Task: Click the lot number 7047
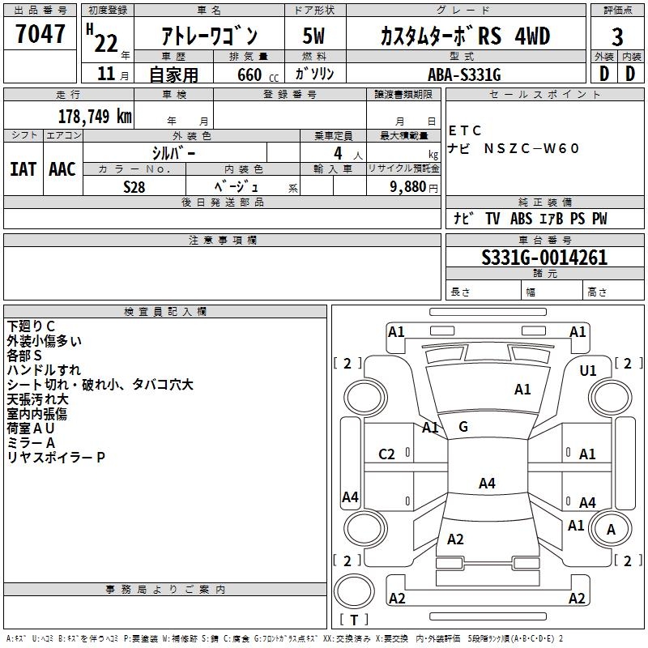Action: point(40,36)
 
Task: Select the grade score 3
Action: point(617,37)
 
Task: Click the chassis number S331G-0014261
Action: point(544,258)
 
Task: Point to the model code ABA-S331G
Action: point(464,74)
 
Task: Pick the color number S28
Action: point(134,185)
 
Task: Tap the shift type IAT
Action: point(23,169)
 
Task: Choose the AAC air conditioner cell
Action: point(62,169)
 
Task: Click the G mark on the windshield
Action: point(463,427)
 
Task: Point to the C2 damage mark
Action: point(387,454)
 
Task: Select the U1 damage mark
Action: point(588,370)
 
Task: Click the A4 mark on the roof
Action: point(486,484)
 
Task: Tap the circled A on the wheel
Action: point(611,530)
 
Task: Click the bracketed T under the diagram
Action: point(354,620)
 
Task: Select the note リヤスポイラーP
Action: point(56,458)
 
